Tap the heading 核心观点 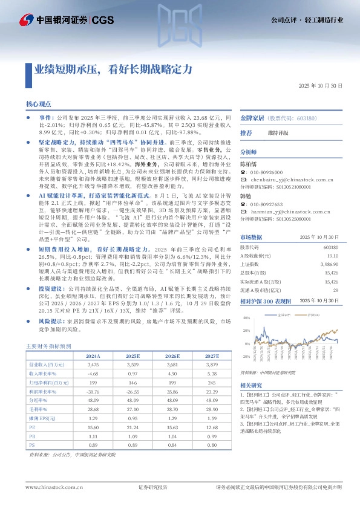39,105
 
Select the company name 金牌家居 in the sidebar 252,118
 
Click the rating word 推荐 246,132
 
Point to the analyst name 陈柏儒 249,163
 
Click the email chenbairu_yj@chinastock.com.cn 287,180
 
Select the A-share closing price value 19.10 332,256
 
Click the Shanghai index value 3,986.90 329,264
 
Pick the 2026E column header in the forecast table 174,357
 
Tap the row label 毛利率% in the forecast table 39,409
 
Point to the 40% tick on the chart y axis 247,317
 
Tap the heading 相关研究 251,384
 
